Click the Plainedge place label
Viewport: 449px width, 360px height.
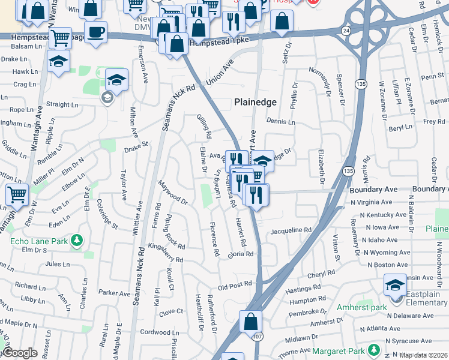(x=255, y=103)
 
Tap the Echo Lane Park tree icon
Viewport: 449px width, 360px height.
(x=76, y=241)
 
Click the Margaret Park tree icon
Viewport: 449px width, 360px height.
(x=375, y=349)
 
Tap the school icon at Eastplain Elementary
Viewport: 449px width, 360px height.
(x=395, y=286)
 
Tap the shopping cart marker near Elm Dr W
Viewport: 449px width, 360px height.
(x=17, y=194)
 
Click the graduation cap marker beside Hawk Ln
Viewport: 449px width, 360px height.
(x=58, y=61)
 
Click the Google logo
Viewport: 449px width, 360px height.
(x=20, y=353)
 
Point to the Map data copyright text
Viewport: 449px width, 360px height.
(x=424, y=355)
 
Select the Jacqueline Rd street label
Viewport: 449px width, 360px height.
(x=291, y=230)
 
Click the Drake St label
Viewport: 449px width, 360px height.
(x=136, y=145)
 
